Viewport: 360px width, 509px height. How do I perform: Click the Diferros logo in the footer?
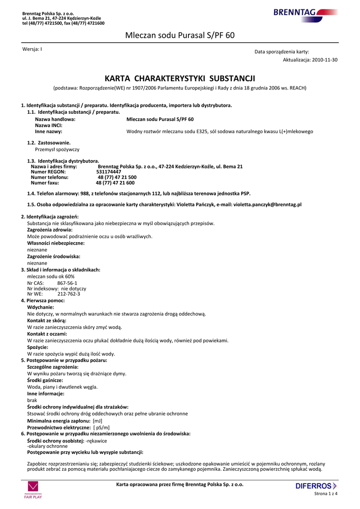coord(316,486)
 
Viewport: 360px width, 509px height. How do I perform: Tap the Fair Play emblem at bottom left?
coord(33,490)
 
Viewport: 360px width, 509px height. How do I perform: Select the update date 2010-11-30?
coord(325,60)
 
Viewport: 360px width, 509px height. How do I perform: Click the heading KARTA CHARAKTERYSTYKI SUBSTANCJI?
coord(180,79)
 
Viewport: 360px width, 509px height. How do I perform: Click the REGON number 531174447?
coord(108,171)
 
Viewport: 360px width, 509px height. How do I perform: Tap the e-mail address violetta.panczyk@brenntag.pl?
coord(268,204)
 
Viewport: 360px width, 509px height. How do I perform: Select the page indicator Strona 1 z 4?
coord(326,494)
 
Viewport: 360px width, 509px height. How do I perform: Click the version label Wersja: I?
coord(32,49)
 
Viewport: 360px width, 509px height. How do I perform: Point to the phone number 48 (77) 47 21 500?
coord(117,177)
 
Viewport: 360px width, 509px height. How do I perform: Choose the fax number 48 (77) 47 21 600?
coord(115,182)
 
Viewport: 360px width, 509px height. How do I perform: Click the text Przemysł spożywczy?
coord(57,149)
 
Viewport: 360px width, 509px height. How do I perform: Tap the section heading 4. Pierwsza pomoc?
coord(43,301)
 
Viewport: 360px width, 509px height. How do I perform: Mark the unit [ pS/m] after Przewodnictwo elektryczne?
coord(101,427)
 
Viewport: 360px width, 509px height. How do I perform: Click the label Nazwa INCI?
coord(49,126)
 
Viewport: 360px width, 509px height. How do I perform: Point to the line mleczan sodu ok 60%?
coord(51,276)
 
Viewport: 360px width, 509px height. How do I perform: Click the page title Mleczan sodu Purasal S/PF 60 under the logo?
coord(180,35)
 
